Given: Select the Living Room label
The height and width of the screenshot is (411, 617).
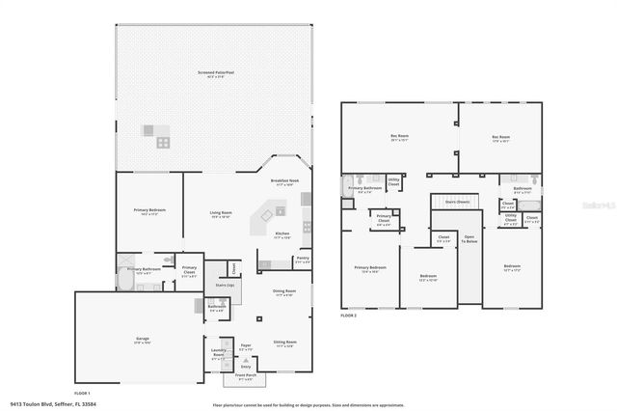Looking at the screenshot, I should (x=221, y=213).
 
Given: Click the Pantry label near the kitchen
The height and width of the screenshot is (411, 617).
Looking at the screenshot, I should (x=303, y=259).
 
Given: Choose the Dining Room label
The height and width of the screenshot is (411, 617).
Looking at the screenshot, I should (x=284, y=291).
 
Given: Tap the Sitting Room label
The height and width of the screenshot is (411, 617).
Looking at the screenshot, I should (x=284, y=342).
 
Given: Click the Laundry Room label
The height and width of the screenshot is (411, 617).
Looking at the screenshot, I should (x=218, y=355).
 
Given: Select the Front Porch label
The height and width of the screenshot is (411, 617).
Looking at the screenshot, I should (x=245, y=376).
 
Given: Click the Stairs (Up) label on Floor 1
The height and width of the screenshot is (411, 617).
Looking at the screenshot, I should (x=225, y=287).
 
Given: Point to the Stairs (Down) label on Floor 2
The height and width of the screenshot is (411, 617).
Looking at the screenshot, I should (x=457, y=201).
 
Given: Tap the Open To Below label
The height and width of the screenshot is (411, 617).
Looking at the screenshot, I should (x=469, y=239).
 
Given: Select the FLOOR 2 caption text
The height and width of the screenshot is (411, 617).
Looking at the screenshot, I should (x=349, y=315).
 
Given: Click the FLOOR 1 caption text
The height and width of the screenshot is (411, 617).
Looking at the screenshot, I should (x=83, y=393).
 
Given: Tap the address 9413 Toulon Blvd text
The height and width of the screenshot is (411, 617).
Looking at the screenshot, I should (x=53, y=404).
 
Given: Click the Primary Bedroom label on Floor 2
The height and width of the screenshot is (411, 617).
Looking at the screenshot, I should (x=370, y=269).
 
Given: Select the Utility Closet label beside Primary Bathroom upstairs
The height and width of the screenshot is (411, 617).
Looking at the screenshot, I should (x=393, y=180).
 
